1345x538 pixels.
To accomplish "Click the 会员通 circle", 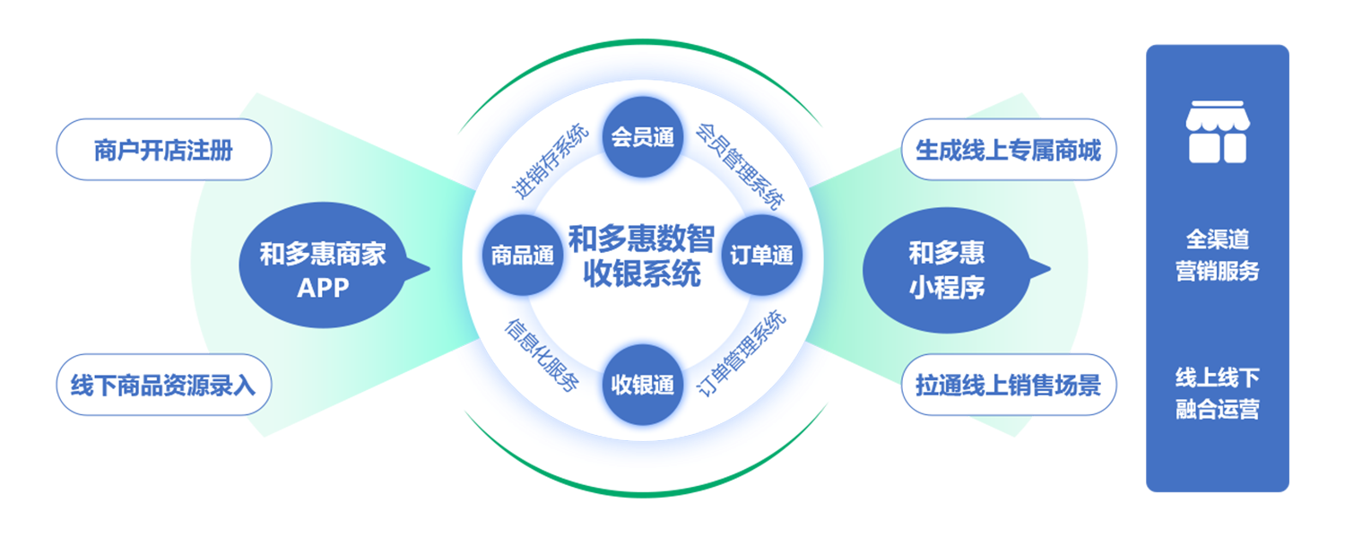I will point(643,137).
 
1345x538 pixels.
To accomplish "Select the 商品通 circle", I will point(522,256).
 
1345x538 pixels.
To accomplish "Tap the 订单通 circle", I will point(761,256).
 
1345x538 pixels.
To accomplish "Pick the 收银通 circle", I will point(643,385).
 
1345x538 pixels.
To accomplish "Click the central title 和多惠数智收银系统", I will point(642,256).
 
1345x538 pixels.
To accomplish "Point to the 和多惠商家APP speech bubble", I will point(323,266).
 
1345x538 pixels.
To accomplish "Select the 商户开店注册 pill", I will point(163,150).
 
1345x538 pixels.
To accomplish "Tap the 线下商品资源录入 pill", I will point(163,385).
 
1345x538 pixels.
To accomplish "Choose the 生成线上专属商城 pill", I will point(1008,150).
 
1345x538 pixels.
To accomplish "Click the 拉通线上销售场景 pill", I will point(1008,385).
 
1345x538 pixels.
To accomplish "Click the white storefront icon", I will point(1217,132).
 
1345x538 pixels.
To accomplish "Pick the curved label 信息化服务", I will point(542,355).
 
